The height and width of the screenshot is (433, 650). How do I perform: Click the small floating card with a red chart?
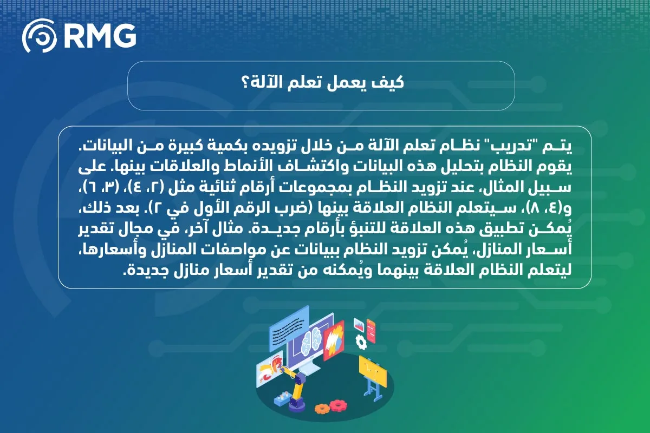click(x=358, y=324)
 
